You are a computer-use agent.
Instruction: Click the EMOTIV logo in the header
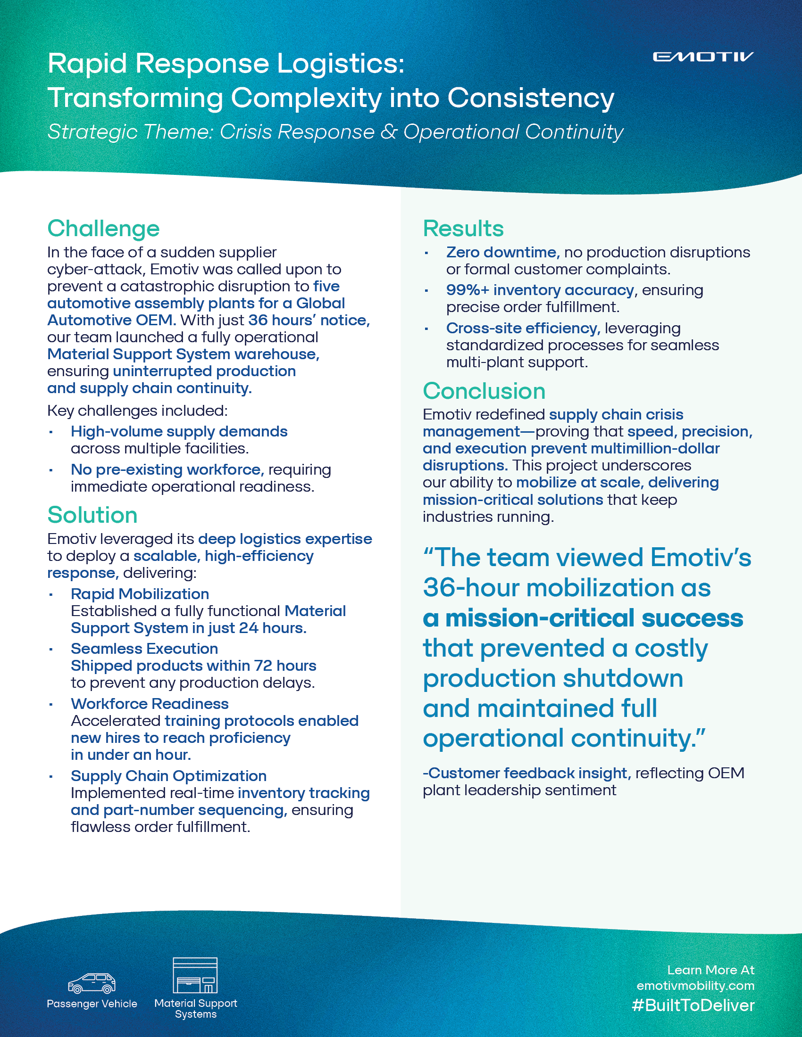pos(703,57)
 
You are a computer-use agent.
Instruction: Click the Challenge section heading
pos(103,229)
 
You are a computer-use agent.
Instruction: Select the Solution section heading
pos(92,515)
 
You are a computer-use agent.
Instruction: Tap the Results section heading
pos(463,229)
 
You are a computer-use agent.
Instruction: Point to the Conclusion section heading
pos(484,391)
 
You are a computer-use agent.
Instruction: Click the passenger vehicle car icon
pos(92,983)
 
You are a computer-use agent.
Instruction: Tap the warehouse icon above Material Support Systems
pos(195,975)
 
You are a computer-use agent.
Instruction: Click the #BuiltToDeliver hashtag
pos(693,1005)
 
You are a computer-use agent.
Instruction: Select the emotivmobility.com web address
pos(695,986)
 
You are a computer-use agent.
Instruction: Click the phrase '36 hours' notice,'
pos(309,321)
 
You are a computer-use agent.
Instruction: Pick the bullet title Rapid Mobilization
pos(140,594)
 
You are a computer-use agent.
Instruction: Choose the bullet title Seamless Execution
pos(144,649)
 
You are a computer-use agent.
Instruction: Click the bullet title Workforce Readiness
pos(150,704)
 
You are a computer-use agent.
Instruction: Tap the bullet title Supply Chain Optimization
pos(169,776)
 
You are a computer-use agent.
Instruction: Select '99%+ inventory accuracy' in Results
pos(540,290)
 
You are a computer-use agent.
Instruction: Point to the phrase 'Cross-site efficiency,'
pos(523,328)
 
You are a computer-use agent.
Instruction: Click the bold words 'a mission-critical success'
pos(583,618)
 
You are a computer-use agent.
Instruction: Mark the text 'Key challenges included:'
pos(137,411)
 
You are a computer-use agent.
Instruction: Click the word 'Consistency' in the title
pos(531,99)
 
